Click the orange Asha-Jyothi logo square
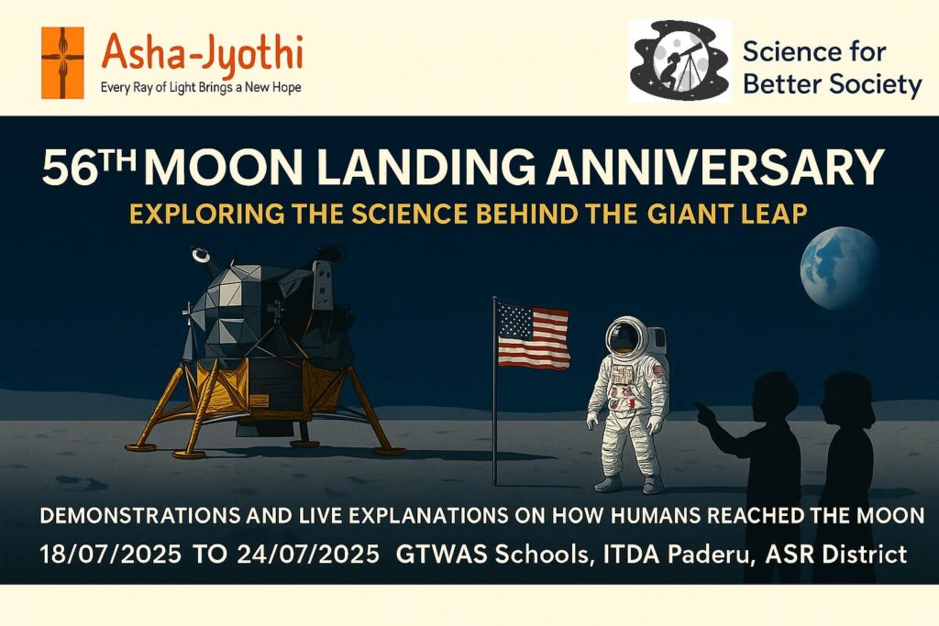point(62,62)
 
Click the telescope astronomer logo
point(679,60)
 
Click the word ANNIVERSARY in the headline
point(715,167)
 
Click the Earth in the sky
point(840,268)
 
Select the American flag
point(533,335)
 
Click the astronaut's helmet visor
point(623,337)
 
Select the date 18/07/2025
point(110,555)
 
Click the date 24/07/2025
point(308,555)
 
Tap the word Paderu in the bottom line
point(704,555)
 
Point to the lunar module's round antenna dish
point(201,256)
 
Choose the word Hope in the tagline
point(286,88)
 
